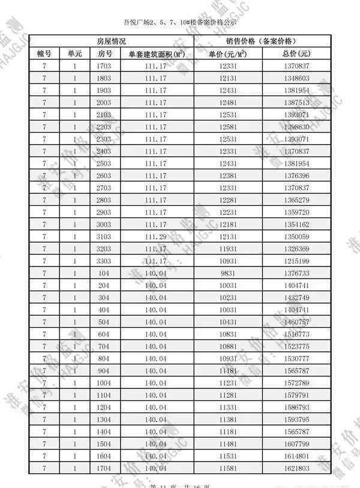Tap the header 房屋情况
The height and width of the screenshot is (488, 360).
pyautogui.click(x=112, y=41)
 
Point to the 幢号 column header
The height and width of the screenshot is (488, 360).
pyautogui.click(x=44, y=53)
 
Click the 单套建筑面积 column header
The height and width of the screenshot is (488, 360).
pyautogui.click(x=155, y=53)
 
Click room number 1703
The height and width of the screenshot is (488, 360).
pyautogui.click(x=104, y=65)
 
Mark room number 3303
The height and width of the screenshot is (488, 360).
pyautogui.click(x=104, y=261)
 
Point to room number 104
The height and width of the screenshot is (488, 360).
pyautogui.click(x=104, y=273)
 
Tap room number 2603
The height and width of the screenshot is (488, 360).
pyautogui.click(x=104, y=175)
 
